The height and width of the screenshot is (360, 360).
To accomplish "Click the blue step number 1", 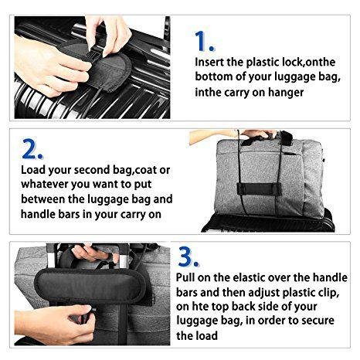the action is (x=204, y=41).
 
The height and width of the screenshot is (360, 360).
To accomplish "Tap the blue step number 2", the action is (x=32, y=148).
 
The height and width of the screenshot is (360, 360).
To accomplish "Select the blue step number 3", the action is (x=188, y=256).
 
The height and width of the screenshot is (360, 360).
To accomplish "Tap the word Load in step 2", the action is (x=33, y=170).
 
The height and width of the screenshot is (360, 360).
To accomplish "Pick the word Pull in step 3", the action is (x=185, y=277).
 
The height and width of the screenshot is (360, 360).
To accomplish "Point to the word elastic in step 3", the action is (x=249, y=277).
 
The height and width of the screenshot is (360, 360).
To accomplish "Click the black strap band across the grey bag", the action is (x=255, y=189).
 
